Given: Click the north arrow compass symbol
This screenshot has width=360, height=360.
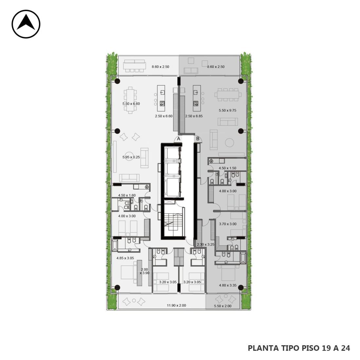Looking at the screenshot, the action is tap(26, 24).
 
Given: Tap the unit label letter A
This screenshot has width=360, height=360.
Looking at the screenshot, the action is tap(179, 139).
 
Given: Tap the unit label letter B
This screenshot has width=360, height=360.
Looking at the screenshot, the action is tap(198, 139).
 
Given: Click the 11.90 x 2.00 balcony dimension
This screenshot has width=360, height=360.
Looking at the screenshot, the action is tap(176, 305).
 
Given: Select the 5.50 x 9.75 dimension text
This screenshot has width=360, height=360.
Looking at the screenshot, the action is tap(227, 110).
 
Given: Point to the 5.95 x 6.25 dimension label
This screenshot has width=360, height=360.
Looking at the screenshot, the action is tap(131, 157).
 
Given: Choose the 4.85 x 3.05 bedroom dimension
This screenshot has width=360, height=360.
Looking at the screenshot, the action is tap(125, 258).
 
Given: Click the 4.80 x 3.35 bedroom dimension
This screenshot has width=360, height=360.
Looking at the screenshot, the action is tap(228, 286).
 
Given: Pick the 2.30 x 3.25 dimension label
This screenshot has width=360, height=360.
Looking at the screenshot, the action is tap(206, 244).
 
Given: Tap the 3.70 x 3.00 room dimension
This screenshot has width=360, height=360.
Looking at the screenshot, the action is tap(228, 224).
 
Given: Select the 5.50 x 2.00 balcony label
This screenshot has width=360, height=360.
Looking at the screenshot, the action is tap(223, 306).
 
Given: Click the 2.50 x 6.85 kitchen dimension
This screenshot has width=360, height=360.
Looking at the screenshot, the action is tap(194, 116).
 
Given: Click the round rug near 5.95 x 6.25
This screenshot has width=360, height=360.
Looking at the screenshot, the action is tap(129, 156).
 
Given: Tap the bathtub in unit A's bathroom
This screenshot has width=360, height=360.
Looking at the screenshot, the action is tap(115, 245).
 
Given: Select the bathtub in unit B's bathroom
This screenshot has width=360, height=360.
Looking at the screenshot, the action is tap(243, 257).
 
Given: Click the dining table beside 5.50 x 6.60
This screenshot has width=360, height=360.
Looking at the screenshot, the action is tap(130, 100).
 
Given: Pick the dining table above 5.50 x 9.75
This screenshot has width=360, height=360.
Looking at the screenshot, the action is tap(228, 94).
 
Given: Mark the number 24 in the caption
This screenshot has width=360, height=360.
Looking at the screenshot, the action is tap(346, 348).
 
